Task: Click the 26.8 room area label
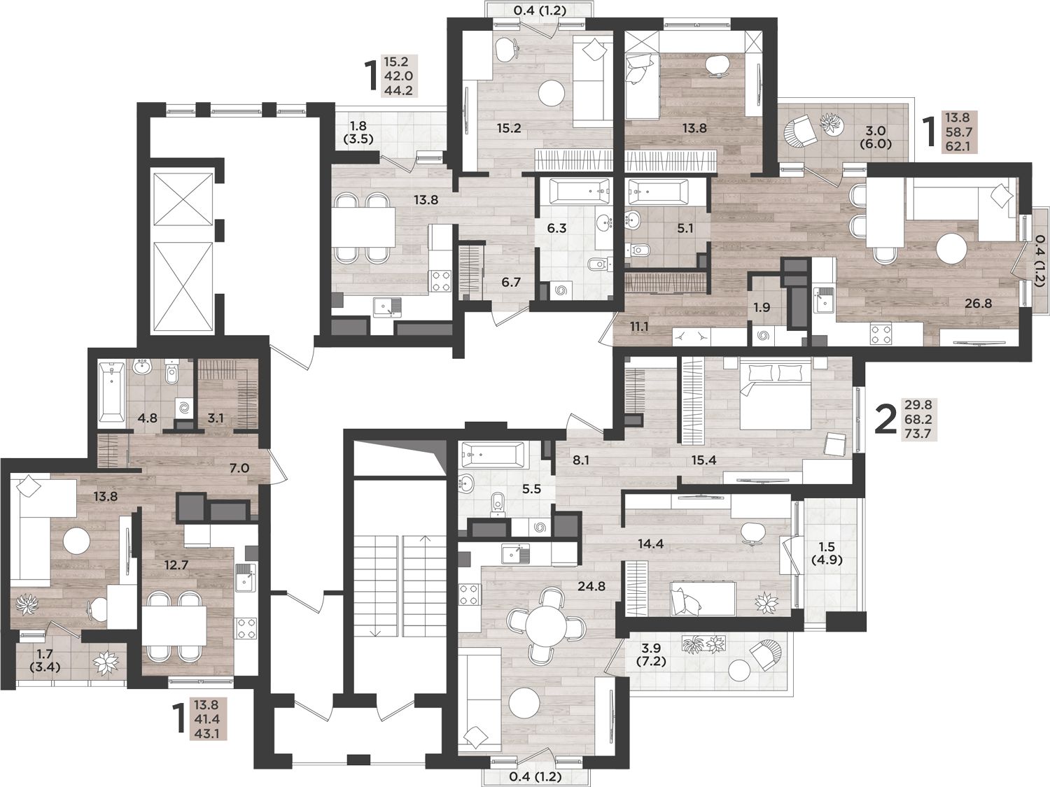pos(978,303)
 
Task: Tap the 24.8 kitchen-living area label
pos(591,586)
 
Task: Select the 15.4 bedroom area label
pos(703,460)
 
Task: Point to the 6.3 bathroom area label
pos(556,229)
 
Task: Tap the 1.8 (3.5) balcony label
pos(358,133)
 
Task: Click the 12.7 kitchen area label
pos(176,565)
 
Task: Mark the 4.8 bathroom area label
pos(147,418)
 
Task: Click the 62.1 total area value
pos(958,146)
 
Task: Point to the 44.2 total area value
pos(398,90)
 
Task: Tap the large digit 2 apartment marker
pos(885,420)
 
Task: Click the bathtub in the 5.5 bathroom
pos(492,453)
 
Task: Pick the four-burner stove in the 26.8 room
pos(881,334)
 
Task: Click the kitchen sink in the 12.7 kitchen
pos(246,579)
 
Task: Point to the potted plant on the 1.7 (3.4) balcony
pos(106,662)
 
